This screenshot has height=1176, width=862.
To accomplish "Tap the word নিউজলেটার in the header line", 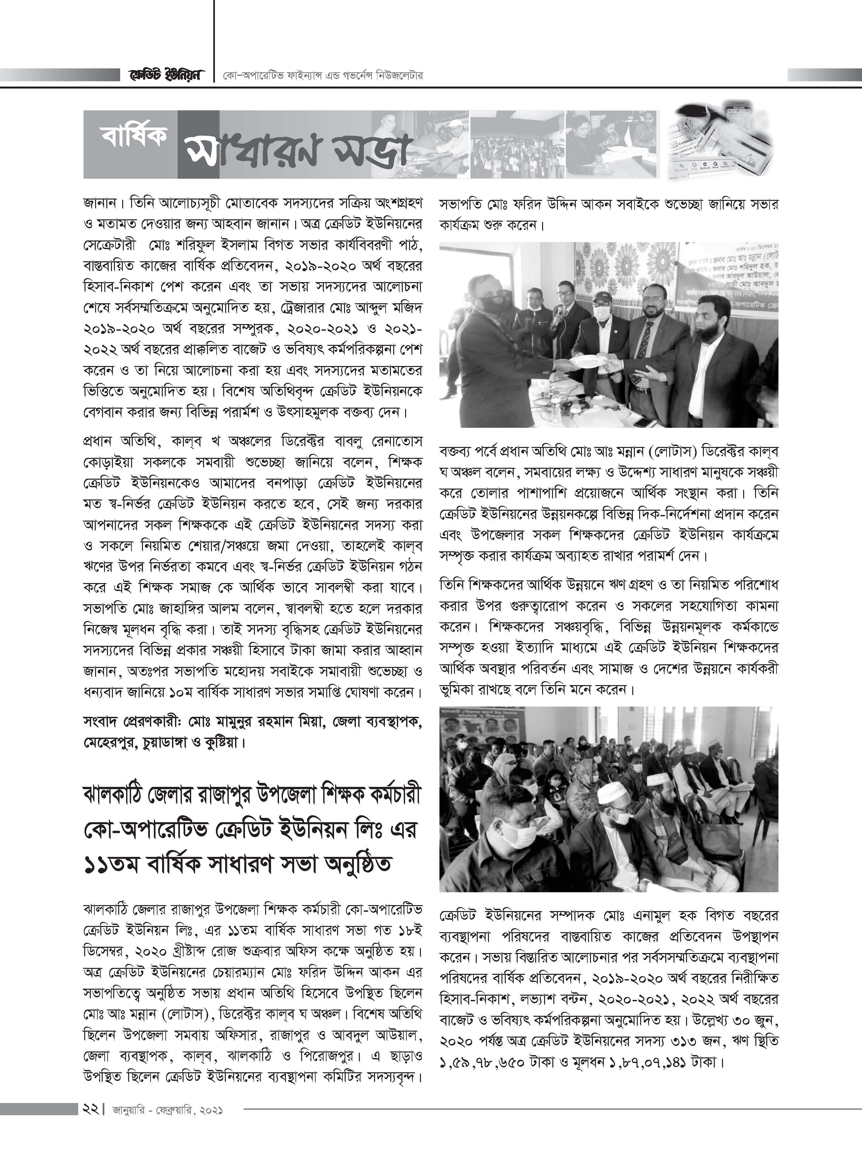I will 399,75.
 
